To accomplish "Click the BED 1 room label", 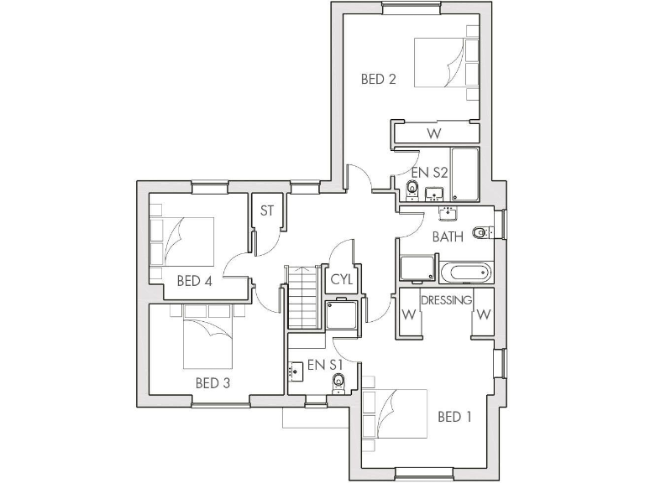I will point(454,417).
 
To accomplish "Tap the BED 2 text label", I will point(378,80).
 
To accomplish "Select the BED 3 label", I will point(212,383).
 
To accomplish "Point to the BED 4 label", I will point(194,282).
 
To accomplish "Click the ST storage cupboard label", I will point(267,211).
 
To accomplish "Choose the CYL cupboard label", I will point(342,279).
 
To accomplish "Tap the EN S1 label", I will point(325,365).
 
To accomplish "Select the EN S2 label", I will point(430,172).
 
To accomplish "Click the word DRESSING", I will point(446,300).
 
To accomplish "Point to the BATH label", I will point(448,236).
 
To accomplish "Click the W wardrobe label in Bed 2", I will point(433,133).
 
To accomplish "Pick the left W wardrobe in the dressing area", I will point(409,315).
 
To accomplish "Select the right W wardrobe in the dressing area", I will point(484,315).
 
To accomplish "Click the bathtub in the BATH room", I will point(464,272).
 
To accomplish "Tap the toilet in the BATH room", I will point(480,232).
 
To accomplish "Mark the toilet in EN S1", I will point(338,382).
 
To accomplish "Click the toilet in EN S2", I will point(412,189).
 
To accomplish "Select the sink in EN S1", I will point(296,370).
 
